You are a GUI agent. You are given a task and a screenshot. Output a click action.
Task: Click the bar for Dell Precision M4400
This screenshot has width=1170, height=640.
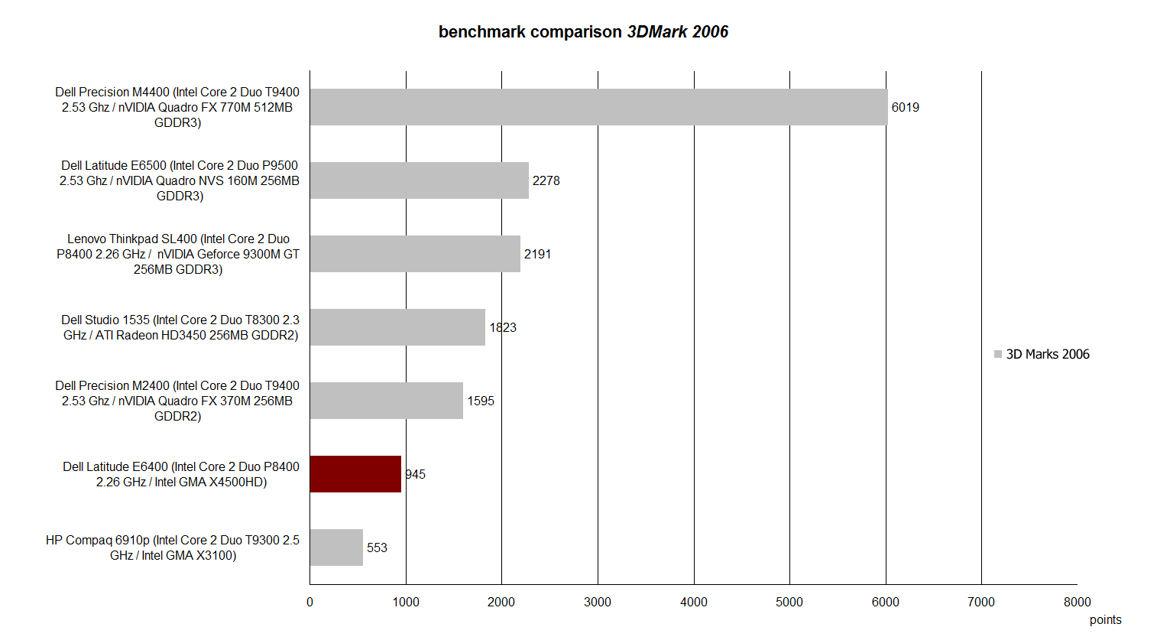[598, 107]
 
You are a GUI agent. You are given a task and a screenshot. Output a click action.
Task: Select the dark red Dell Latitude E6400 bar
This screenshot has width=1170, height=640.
[355, 474]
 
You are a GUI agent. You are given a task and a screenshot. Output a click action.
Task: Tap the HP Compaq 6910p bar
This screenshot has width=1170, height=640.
[336, 547]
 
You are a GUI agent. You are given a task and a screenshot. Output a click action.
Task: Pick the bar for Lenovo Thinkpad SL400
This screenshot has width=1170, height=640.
[415, 254]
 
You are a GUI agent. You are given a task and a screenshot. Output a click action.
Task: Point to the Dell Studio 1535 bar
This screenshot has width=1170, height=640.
[397, 327]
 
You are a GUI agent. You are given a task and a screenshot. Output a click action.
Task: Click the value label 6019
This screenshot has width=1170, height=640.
[906, 108]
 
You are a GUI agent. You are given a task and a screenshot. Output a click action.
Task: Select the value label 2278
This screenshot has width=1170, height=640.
[546, 181]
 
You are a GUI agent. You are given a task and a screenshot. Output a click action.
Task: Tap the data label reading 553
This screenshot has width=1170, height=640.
[377, 548]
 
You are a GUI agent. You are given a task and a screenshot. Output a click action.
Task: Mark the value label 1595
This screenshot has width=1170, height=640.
[481, 401]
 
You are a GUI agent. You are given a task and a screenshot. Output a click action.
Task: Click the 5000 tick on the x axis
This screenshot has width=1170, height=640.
[789, 603]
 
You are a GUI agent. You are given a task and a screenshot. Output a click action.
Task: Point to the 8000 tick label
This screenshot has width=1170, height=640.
[1077, 603]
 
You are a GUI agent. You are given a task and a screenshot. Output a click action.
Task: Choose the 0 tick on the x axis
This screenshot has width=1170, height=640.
[310, 603]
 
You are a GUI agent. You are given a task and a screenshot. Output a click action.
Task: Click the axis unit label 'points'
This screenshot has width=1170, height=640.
[1105, 620]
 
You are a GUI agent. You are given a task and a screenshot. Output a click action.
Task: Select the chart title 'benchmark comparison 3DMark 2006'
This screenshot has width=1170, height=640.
[583, 32]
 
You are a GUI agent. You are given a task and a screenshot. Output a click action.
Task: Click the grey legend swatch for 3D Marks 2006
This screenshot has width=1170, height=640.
[998, 354]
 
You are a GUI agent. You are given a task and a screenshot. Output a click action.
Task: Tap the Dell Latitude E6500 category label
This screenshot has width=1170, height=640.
[180, 181]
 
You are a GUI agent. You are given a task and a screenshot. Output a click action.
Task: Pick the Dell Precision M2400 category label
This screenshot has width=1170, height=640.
[177, 401]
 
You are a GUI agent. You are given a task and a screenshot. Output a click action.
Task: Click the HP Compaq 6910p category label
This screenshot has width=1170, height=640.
[173, 548]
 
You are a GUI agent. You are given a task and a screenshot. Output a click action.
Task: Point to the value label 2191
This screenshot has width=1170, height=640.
[537, 255]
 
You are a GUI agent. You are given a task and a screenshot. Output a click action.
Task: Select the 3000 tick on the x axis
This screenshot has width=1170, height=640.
[598, 603]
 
